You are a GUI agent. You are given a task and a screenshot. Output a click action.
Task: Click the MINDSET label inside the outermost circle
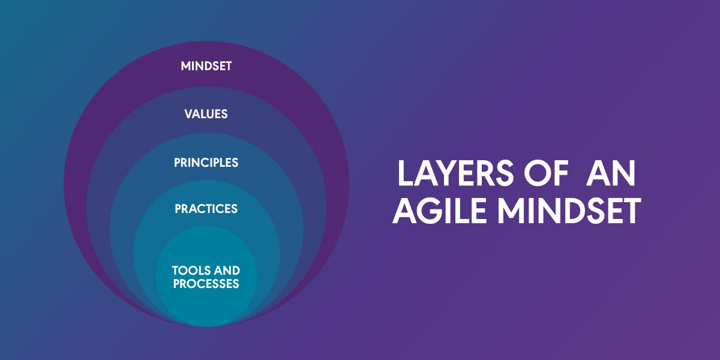(206, 66)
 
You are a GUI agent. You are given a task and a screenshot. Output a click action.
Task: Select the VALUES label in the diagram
(206, 114)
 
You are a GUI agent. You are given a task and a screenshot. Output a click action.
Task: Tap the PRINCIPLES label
(206, 163)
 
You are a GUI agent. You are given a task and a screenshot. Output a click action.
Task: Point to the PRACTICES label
(206, 209)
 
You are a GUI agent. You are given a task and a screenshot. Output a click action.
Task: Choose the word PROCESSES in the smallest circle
(206, 284)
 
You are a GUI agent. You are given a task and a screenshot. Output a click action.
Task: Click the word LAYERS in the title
(456, 173)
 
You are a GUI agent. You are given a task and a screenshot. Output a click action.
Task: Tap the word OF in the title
(545, 173)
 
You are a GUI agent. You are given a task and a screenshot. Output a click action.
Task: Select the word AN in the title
(610, 173)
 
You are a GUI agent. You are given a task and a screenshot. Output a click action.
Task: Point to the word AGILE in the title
(439, 211)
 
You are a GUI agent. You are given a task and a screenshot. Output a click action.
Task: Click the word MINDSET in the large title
(569, 211)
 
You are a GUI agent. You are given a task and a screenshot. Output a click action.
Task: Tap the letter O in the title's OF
(537, 173)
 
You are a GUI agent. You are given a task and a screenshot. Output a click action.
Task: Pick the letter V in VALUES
(190, 114)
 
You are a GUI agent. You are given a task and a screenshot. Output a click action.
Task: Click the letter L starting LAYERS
(404, 173)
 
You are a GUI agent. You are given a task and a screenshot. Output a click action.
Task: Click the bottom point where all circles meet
(206, 327)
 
